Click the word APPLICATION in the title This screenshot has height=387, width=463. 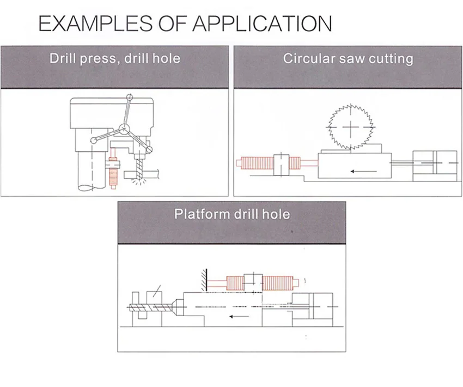click(262, 23)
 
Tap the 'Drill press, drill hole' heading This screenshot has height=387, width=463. click(115, 58)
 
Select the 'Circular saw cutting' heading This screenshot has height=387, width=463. click(348, 58)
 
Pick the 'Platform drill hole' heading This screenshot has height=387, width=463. click(232, 214)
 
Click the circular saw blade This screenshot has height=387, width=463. click(350, 127)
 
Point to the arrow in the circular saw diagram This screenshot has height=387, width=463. click(363, 171)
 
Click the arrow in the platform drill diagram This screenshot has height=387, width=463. click(240, 316)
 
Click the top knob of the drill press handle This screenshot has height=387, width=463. click(129, 97)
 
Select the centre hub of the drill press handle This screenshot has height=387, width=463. click(124, 129)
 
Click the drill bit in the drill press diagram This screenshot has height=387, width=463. click(139, 168)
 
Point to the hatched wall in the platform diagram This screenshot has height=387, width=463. click(204, 280)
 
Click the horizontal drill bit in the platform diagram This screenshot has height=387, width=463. click(150, 307)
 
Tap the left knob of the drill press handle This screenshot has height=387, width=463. click(94, 141)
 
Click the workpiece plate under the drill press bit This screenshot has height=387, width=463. click(142, 174)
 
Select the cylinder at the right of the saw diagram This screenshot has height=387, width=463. click(435, 166)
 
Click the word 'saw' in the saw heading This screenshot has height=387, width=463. click(351, 59)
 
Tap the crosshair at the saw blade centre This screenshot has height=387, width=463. click(350, 127)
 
